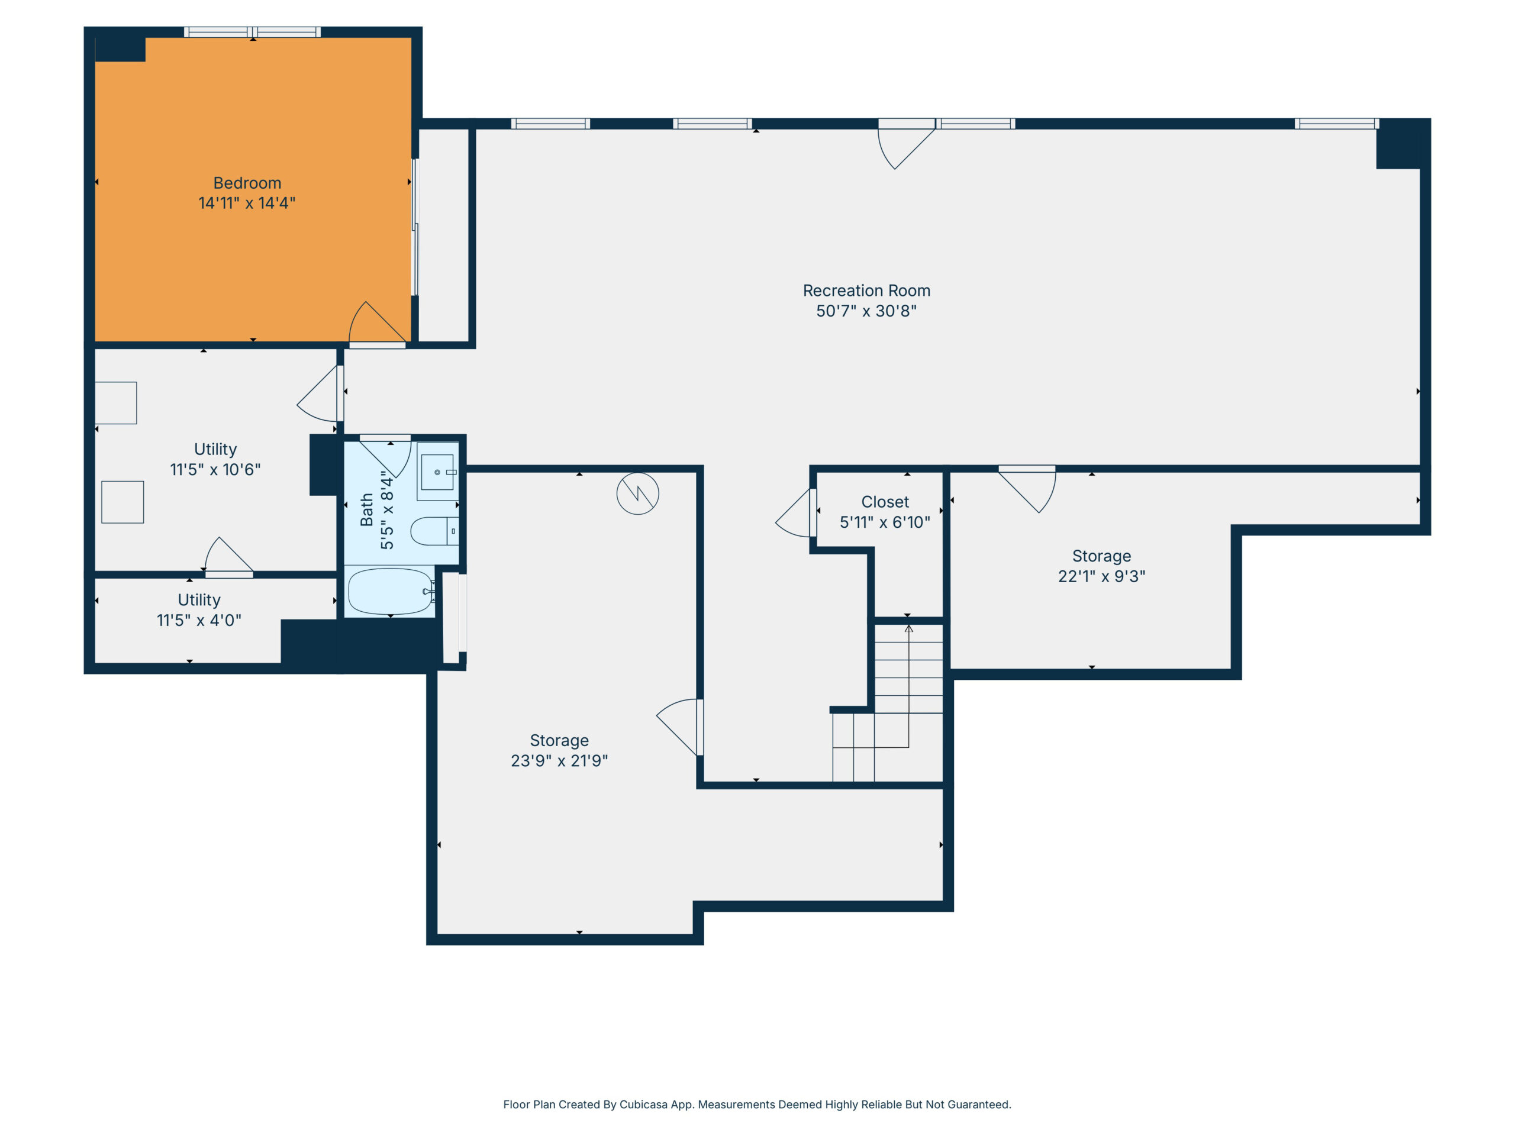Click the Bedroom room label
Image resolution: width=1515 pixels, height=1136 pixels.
click(x=247, y=183)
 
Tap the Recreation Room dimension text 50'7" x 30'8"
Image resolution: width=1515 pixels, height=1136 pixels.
click(x=866, y=311)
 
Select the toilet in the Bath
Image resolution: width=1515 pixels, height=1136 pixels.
click(x=434, y=531)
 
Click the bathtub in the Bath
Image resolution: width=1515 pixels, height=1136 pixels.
click(x=391, y=592)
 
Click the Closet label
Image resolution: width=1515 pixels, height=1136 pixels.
click(x=885, y=502)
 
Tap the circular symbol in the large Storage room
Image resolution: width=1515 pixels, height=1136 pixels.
click(x=637, y=493)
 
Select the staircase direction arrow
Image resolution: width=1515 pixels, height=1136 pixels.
click(x=908, y=685)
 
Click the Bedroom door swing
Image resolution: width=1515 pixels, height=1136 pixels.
click(x=378, y=322)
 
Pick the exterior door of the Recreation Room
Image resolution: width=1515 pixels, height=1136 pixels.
click(x=906, y=144)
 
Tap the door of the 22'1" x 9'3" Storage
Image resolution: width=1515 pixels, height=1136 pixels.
click(x=1027, y=489)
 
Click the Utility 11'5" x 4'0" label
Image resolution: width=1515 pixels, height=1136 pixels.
click(x=199, y=610)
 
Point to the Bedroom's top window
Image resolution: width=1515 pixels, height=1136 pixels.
click(x=252, y=31)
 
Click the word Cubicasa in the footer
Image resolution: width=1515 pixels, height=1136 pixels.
click(x=643, y=1104)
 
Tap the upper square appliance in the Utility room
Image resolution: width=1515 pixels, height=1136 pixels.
click(x=116, y=403)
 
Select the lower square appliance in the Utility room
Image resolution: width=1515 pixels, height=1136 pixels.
click(x=123, y=502)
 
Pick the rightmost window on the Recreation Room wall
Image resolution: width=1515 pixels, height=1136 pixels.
click(x=1336, y=124)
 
